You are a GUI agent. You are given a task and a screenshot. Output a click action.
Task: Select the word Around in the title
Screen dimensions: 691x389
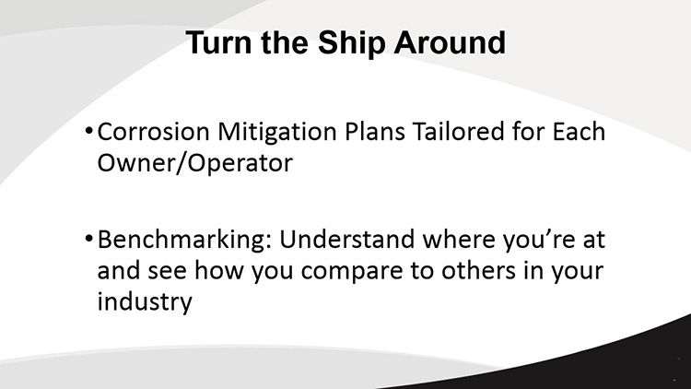(x=450, y=42)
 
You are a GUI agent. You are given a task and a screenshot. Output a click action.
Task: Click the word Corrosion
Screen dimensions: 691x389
(x=153, y=132)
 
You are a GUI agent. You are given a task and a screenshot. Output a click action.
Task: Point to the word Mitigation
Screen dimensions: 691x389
(x=277, y=133)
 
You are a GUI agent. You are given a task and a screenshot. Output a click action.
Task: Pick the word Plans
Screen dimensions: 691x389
(x=375, y=132)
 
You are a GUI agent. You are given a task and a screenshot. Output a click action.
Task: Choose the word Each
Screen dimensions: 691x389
(x=579, y=132)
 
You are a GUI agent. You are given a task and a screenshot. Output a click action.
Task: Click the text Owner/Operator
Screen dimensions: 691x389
(x=194, y=163)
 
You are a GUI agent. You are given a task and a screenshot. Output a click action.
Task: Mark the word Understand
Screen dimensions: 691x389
(x=346, y=239)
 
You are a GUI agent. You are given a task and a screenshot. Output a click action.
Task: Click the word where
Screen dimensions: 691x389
(x=459, y=239)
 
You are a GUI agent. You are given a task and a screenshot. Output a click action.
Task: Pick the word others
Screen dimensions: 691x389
(x=478, y=270)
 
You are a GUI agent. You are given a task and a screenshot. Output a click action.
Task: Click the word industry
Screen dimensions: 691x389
(x=145, y=302)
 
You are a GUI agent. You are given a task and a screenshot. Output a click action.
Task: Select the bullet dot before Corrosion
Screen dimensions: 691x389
(x=88, y=131)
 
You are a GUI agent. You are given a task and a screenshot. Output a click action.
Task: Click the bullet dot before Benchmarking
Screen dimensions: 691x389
(x=88, y=239)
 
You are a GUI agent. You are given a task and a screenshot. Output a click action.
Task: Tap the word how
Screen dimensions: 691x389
(x=219, y=270)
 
